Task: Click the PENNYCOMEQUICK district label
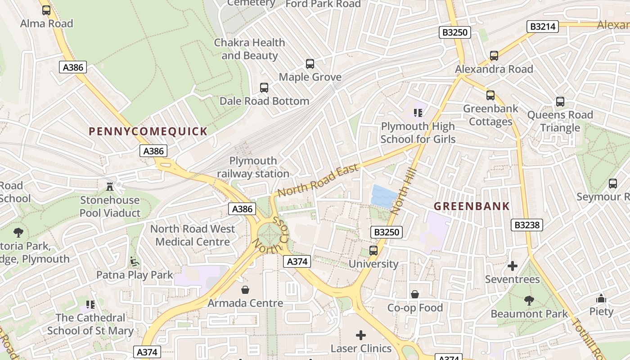point(148,131)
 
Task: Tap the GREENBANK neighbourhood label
point(472,206)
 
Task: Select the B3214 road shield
point(542,27)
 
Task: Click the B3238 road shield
point(526,225)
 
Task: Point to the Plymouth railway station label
point(253,167)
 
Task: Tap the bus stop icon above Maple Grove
point(310,63)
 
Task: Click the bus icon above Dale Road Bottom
point(264,87)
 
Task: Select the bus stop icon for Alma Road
point(46,10)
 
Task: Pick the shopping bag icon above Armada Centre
point(245,289)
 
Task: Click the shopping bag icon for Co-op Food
point(415,294)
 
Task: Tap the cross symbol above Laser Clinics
point(361,335)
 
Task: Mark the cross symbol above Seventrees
point(512,266)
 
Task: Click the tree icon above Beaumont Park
point(529,300)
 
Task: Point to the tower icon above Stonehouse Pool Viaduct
point(109,186)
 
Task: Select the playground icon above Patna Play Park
point(134,261)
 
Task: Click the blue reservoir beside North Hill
point(383,197)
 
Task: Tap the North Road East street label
point(318,180)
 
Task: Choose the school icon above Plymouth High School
point(418,112)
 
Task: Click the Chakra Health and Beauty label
point(249,49)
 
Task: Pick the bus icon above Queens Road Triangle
point(560,101)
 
